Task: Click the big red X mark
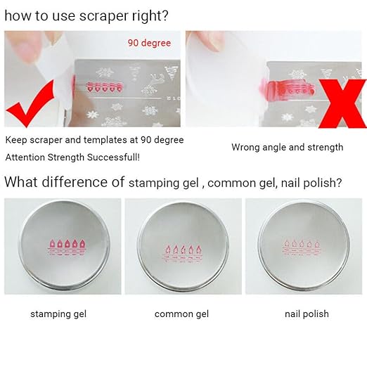click(342, 103)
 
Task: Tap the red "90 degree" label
click(149, 43)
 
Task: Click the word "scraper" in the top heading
click(104, 16)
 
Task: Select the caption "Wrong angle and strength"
click(288, 148)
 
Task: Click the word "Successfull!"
click(113, 157)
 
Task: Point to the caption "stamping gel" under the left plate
click(58, 314)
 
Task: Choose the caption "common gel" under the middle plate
click(181, 314)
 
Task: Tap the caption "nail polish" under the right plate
click(307, 314)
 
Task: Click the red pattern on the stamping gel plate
click(67, 247)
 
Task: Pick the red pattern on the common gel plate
click(183, 254)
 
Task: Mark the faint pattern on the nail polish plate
click(302, 248)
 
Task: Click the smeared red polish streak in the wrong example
click(287, 87)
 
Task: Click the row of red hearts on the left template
click(105, 87)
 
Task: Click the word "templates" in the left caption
click(105, 140)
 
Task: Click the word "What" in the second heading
click(21, 182)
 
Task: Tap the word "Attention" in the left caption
click(25, 157)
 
